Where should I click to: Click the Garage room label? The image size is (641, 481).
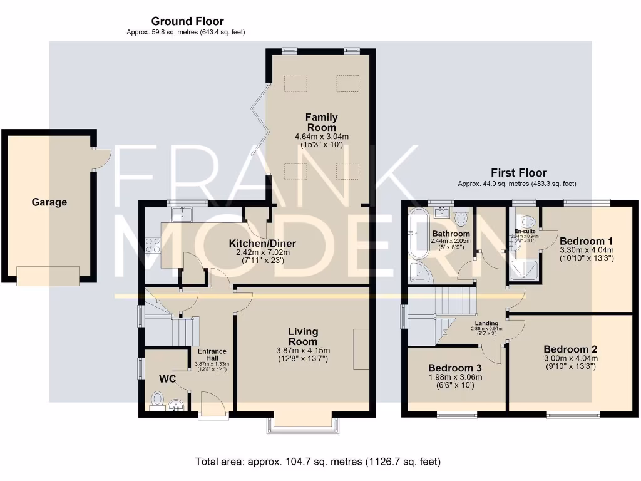pyautogui.click(x=49, y=202)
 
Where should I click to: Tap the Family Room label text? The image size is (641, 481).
pyautogui.click(x=321, y=122)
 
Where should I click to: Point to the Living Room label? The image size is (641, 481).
pyautogui.click(x=303, y=336)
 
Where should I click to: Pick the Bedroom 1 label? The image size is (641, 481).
pyautogui.click(x=586, y=241)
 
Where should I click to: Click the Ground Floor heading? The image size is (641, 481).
pyautogui.click(x=187, y=21)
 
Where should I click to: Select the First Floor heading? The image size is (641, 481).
pyautogui.click(x=519, y=173)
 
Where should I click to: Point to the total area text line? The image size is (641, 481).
pyautogui.click(x=318, y=462)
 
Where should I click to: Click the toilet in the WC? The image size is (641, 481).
pyautogui.click(x=158, y=399)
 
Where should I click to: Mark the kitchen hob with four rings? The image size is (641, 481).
pyautogui.click(x=153, y=245)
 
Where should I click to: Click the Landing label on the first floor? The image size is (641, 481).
pyautogui.click(x=486, y=323)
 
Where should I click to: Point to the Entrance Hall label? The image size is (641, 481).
pyautogui.click(x=212, y=355)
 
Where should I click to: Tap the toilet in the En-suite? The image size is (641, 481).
pyautogui.click(x=527, y=221)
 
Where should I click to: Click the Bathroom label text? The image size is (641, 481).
pyautogui.click(x=451, y=234)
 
